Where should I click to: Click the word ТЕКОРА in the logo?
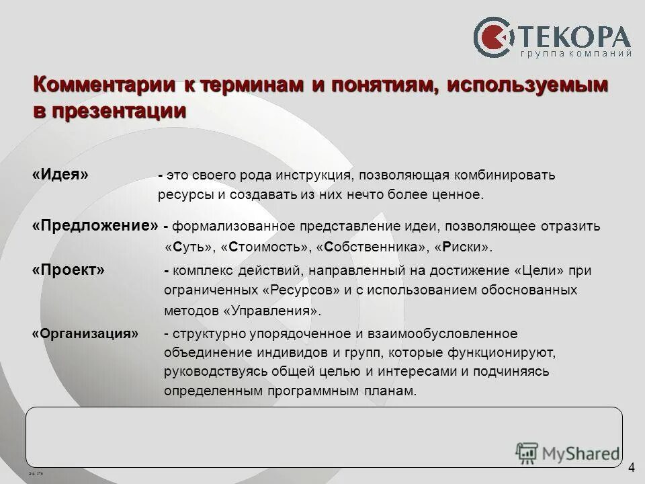click(x=574, y=36)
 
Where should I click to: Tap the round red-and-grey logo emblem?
click(x=495, y=38)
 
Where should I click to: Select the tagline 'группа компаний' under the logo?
click(x=576, y=54)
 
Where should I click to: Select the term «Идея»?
click(x=60, y=174)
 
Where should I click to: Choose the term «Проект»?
click(x=69, y=270)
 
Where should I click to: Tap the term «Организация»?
click(x=85, y=333)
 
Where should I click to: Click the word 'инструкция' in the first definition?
click(x=312, y=175)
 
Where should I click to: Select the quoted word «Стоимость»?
click(x=265, y=247)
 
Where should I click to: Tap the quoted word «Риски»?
click(x=464, y=247)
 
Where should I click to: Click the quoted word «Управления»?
click(x=271, y=311)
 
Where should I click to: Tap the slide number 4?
click(x=632, y=468)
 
